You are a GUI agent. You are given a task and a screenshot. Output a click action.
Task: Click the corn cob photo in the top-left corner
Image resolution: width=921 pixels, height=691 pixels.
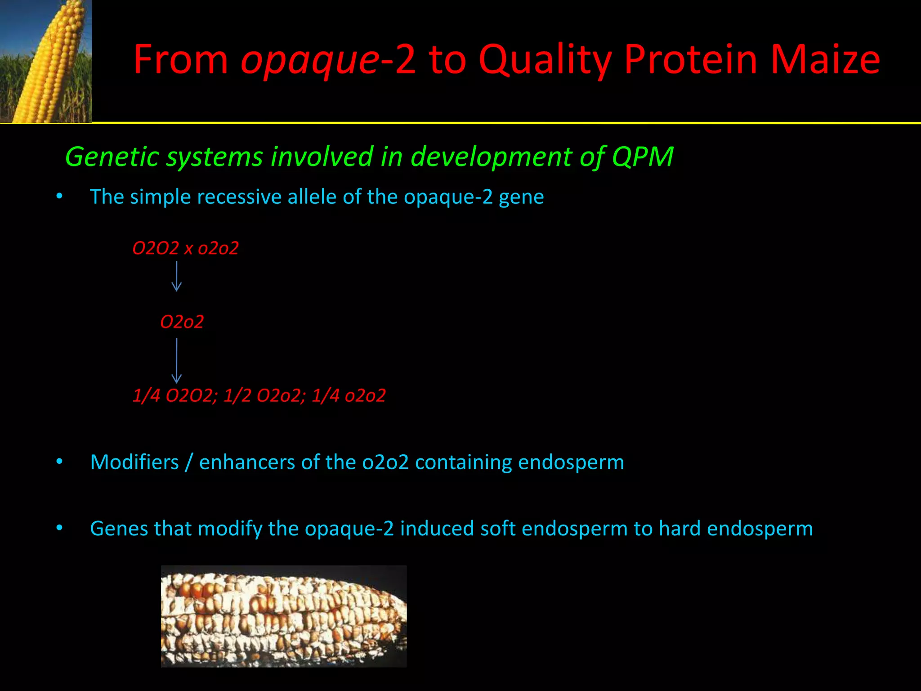46,61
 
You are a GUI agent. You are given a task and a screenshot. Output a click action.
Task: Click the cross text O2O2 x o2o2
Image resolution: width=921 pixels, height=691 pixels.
185,248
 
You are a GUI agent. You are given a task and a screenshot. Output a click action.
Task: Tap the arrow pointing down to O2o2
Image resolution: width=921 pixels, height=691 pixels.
177,276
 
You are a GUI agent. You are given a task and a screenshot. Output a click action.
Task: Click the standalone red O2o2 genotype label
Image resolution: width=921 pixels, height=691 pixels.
182,322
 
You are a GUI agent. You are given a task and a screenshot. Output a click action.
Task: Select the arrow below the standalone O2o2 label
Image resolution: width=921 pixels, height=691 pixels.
177,360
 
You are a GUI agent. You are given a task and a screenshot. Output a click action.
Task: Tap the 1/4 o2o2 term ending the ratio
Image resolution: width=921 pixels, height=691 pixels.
349,396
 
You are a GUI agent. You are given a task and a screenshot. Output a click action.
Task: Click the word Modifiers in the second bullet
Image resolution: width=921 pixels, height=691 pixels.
134,462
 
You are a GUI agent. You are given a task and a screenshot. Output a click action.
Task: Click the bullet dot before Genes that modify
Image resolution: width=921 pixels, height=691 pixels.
59,527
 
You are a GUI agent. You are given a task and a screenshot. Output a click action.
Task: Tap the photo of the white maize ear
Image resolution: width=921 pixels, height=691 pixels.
284,616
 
